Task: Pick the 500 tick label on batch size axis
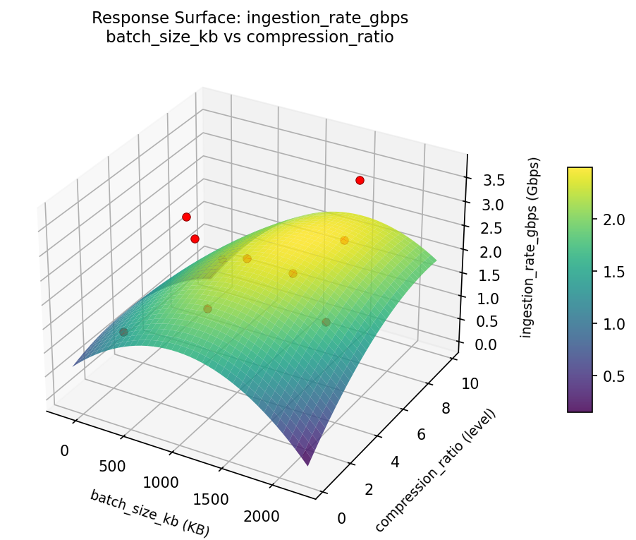(112, 466)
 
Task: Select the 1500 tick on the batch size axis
(210, 500)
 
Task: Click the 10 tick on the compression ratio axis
(470, 384)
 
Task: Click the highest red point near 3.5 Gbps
(360, 180)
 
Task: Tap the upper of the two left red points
(186, 217)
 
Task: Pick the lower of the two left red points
(195, 239)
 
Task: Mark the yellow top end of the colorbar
(580, 172)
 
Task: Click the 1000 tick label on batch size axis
(161, 483)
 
